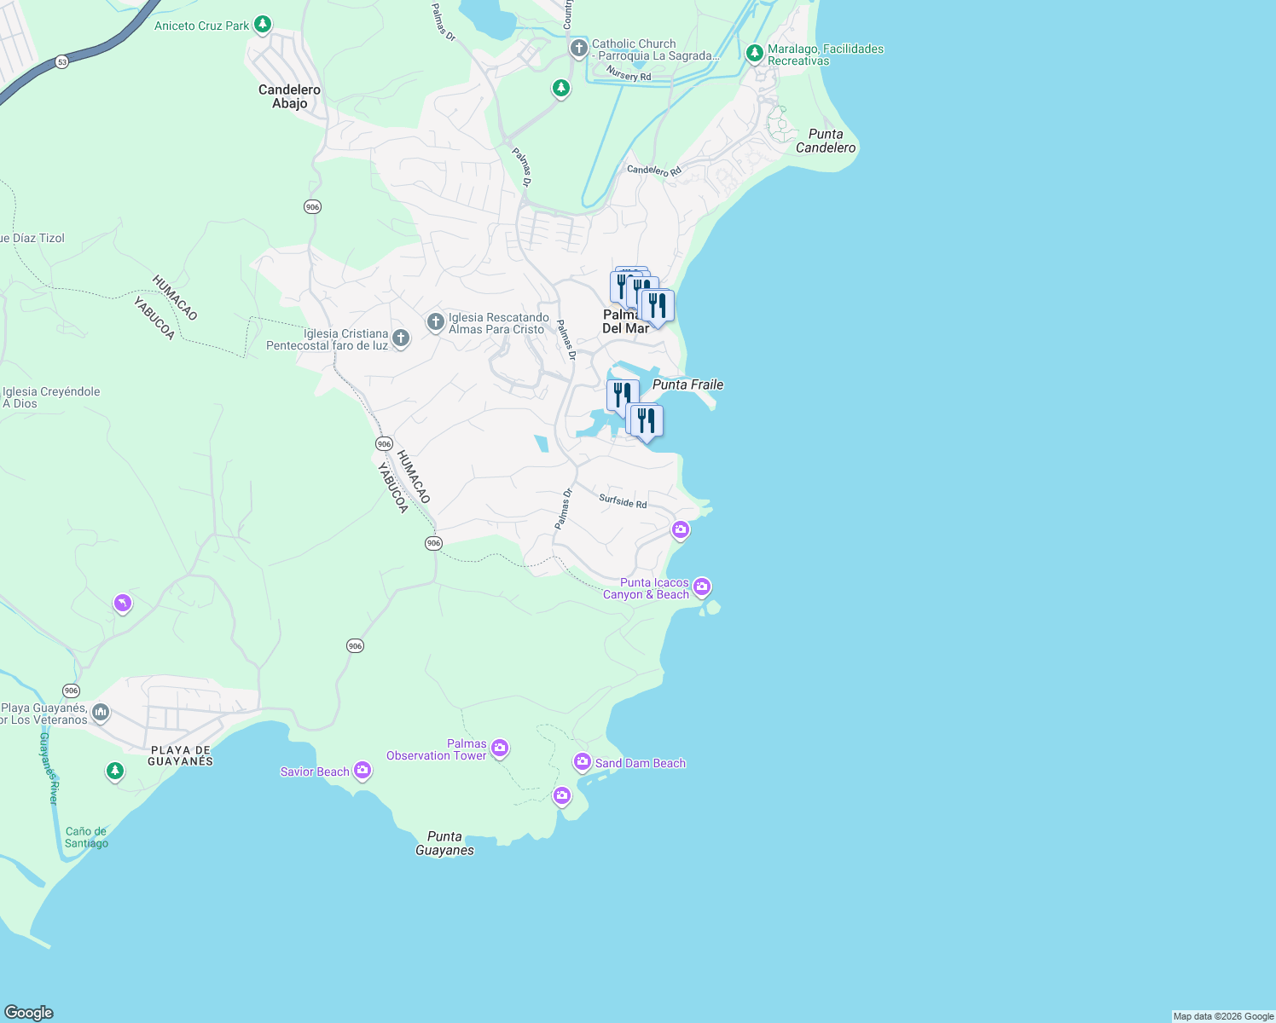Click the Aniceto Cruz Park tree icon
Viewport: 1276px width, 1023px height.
pyautogui.click(x=263, y=25)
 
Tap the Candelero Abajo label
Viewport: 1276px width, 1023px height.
pyautogui.click(x=289, y=96)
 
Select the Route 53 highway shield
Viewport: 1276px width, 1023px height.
pyautogui.click(x=61, y=62)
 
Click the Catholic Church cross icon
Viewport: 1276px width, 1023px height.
pyautogui.click(x=579, y=49)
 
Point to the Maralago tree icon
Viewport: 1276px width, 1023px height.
pyautogui.click(x=754, y=54)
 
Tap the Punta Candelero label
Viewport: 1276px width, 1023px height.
pyautogui.click(x=825, y=141)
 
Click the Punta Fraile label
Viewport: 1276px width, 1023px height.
pyautogui.click(x=687, y=384)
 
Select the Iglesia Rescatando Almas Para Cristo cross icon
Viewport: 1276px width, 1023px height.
pyautogui.click(x=435, y=322)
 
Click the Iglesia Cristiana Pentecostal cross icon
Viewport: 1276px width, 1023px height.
pyautogui.click(x=400, y=338)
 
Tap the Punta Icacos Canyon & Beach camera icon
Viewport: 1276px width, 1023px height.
pyautogui.click(x=702, y=587)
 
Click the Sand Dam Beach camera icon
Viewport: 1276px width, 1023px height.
pyautogui.click(x=583, y=761)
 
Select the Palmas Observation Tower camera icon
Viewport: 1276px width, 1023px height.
pyautogui.click(x=500, y=748)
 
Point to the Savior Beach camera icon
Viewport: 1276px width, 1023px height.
pyautogui.click(x=362, y=771)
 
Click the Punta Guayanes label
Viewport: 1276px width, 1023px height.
pyautogui.click(x=444, y=843)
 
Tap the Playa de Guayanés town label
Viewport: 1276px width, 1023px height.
pyautogui.click(x=180, y=755)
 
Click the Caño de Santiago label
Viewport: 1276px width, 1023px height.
pyautogui.click(x=86, y=837)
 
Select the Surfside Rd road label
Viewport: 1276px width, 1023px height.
pyautogui.click(x=623, y=501)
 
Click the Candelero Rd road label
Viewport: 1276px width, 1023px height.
pyautogui.click(x=654, y=170)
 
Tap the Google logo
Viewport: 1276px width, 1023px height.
pyautogui.click(x=29, y=1012)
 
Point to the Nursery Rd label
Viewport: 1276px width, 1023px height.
pyautogui.click(x=629, y=75)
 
